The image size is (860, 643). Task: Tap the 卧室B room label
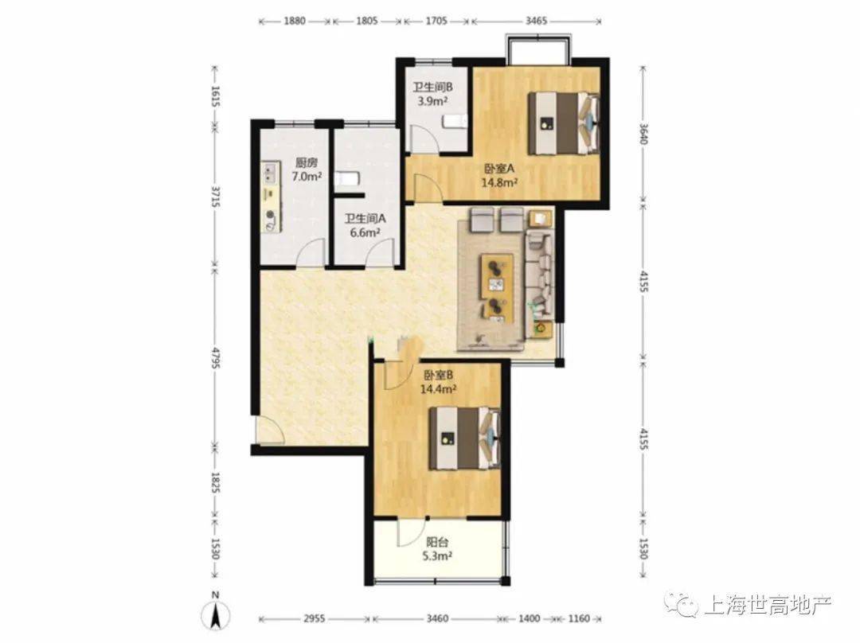click(438, 376)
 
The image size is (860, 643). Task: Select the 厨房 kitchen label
click(307, 163)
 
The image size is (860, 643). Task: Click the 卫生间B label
click(432, 88)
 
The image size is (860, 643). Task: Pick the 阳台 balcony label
click(438, 543)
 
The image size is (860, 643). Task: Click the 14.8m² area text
click(499, 182)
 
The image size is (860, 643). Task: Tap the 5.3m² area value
click(437, 556)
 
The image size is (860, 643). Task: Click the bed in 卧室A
click(563, 123)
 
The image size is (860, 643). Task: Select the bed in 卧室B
click(464, 438)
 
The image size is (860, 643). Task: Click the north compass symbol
click(216, 613)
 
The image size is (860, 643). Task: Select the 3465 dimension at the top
click(536, 21)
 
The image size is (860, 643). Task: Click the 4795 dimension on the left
click(216, 357)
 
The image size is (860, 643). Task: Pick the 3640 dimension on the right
click(643, 133)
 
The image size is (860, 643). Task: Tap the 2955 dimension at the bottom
click(315, 619)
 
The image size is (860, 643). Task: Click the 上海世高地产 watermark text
click(768, 605)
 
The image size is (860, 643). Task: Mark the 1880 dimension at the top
click(295, 21)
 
